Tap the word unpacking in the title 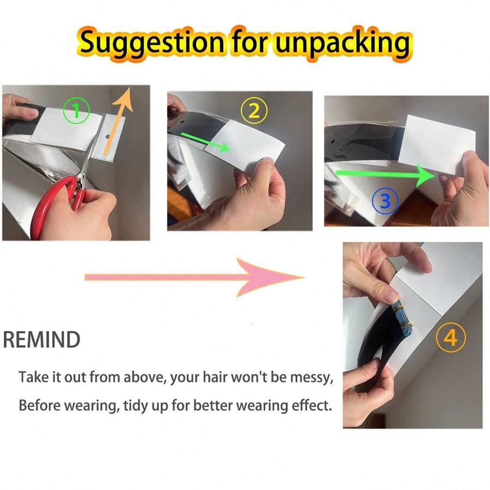coord(342,44)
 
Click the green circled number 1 coord(76,111)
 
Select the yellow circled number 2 coord(254,111)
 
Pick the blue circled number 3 coord(385,200)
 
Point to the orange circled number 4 coord(451,338)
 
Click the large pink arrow coord(194,277)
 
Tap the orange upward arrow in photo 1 coord(119,122)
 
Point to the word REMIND coord(41,339)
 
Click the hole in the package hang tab coord(108,137)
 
